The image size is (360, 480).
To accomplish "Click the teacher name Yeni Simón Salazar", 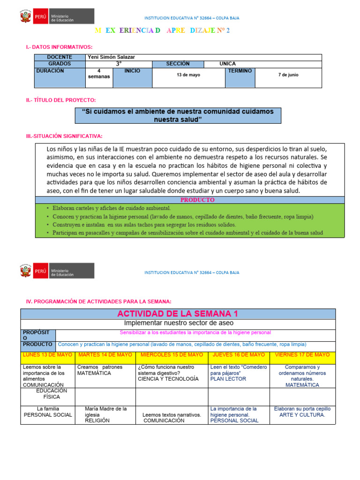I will point(111,57).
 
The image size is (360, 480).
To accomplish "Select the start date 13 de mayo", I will point(188,75).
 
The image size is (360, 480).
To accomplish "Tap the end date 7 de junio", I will point(288,75).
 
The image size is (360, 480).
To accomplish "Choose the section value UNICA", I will point(227,64).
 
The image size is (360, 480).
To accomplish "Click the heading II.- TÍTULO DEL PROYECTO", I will point(61,100).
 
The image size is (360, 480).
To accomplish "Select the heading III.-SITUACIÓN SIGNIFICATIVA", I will point(64,136).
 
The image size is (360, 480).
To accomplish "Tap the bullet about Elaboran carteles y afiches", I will point(112,208).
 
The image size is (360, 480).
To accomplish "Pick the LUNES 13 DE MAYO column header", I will point(47,355).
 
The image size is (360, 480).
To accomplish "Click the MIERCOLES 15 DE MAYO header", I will point(172,355).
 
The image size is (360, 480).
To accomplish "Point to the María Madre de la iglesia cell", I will point(105,414).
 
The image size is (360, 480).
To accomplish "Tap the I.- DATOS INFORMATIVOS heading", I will point(59,47).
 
